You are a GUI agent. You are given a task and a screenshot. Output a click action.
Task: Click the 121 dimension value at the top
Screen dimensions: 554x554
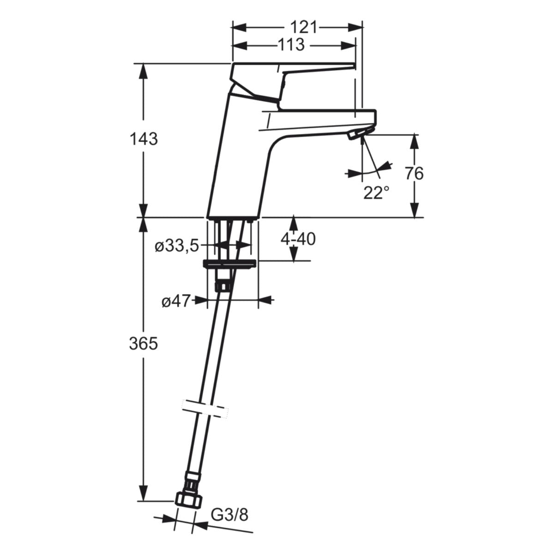(304, 28)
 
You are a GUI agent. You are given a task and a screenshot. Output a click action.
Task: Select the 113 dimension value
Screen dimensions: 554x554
(291, 45)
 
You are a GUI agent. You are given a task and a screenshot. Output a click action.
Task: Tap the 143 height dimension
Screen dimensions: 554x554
(143, 138)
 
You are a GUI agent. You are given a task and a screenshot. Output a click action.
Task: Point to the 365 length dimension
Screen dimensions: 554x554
(143, 343)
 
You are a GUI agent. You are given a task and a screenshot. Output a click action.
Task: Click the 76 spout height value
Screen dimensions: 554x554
(414, 174)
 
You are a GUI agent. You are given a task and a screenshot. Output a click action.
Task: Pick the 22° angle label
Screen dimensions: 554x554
(376, 193)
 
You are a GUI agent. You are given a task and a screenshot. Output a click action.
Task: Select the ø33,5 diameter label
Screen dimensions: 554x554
(177, 246)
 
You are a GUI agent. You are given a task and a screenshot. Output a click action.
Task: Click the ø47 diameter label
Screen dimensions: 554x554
(176, 301)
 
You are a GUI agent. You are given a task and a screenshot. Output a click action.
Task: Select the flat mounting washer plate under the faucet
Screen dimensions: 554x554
(229, 264)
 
